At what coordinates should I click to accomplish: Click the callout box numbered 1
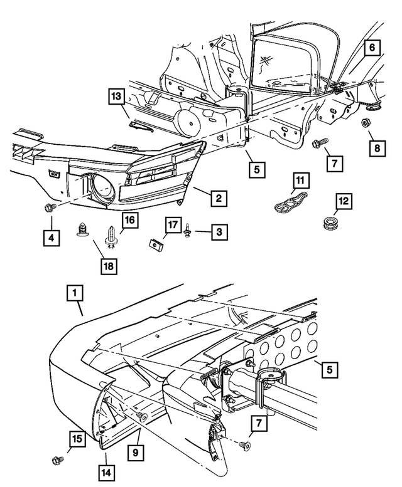[75, 293]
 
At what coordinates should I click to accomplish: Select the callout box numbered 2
[218, 199]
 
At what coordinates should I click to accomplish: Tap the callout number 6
[371, 47]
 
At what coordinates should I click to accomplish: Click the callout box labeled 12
[344, 202]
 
